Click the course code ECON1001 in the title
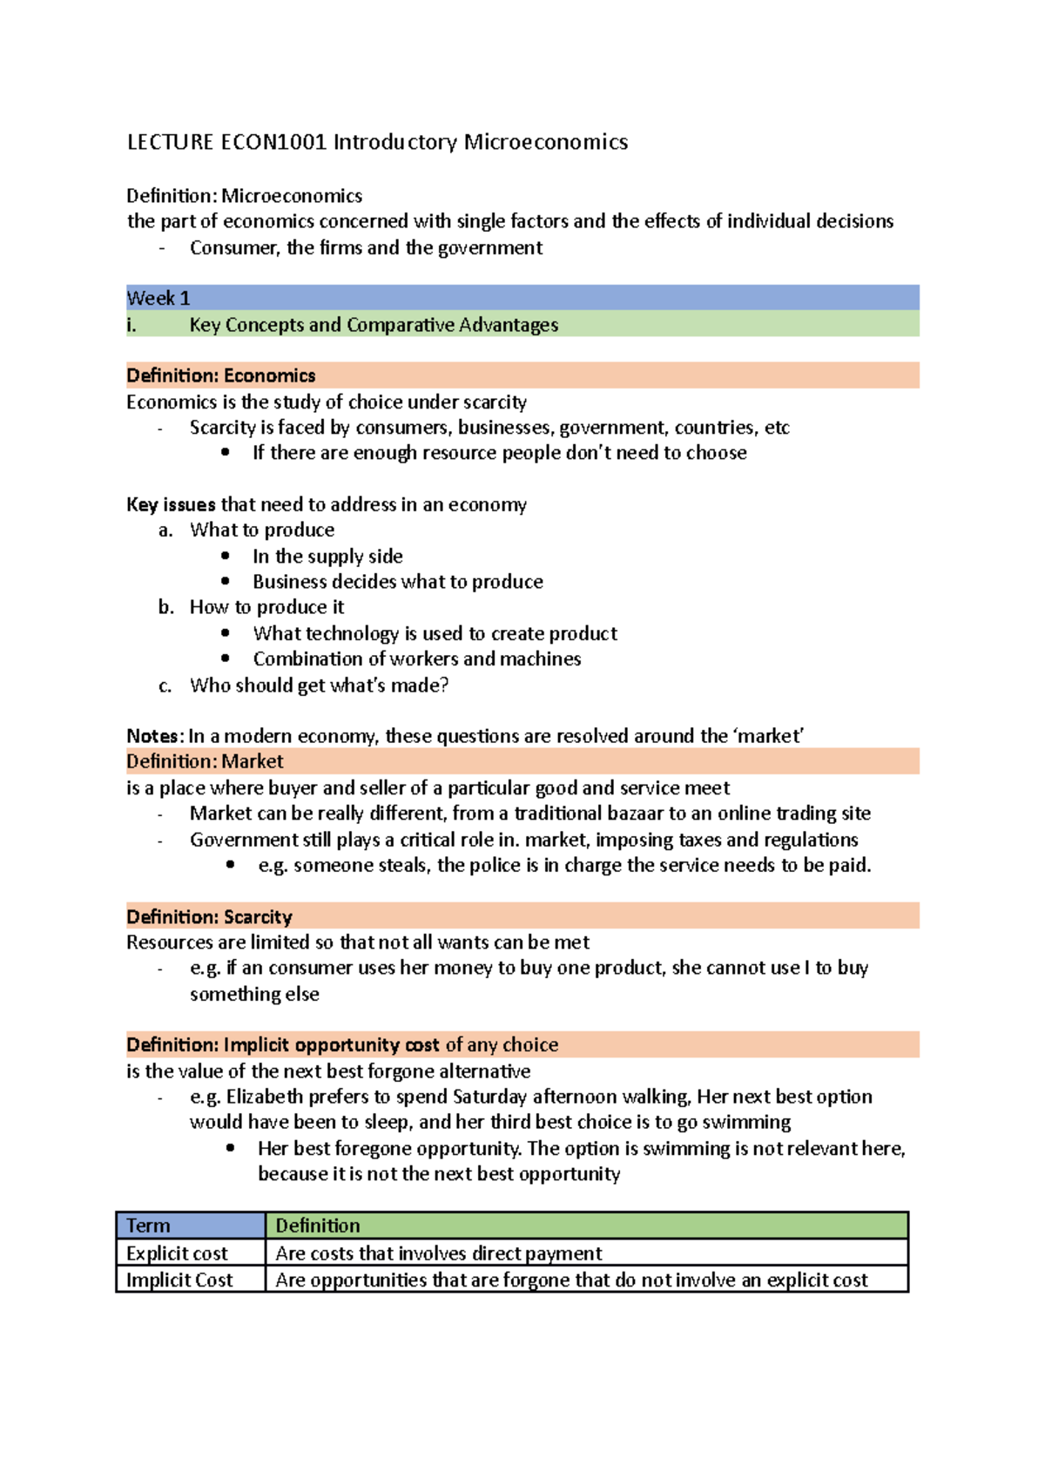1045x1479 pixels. (273, 142)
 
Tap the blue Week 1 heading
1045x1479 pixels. (158, 298)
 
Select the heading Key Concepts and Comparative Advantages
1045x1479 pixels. (374, 325)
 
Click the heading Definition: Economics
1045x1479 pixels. (221, 375)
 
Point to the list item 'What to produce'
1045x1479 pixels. (262, 530)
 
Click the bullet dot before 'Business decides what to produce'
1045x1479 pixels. (226, 581)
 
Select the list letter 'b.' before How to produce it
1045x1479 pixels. (166, 607)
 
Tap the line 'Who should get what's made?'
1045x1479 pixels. (320, 685)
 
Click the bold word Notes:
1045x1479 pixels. (155, 736)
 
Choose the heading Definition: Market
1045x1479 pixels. (205, 761)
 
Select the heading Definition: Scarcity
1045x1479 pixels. (209, 916)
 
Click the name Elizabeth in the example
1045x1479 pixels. (265, 1097)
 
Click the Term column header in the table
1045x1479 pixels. (149, 1226)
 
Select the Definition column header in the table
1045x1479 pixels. (318, 1226)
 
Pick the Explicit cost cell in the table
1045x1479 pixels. (177, 1253)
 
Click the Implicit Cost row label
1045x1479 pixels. (179, 1280)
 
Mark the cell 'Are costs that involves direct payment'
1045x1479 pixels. (439, 1253)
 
